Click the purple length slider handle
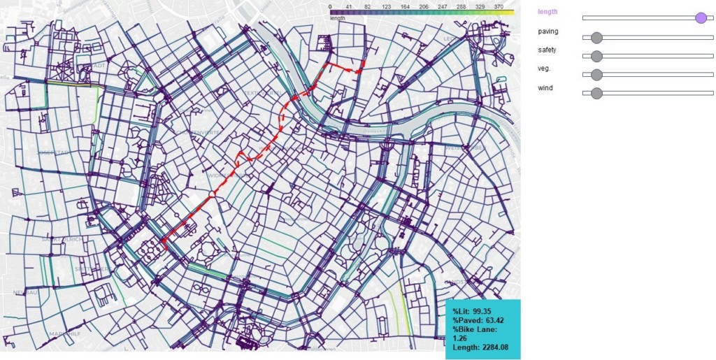(x=701, y=17)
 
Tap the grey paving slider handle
(x=596, y=37)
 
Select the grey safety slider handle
(x=596, y=56)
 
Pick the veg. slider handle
(x=596, y=75)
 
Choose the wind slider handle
(x=596, y=94)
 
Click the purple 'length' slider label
(x=548, y=12)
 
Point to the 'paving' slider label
(x=548, y=31)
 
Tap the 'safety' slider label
(x=548, y=50)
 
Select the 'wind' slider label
(x=545, y=87)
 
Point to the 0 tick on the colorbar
(x=330, y=6)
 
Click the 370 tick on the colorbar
(x=499, y=6)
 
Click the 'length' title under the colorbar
(x=337, y=18)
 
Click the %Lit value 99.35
(x=480, y=310)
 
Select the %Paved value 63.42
(x=492, y=320)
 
